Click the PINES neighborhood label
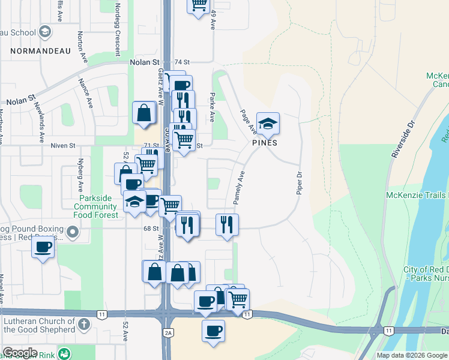(x=264, y=143)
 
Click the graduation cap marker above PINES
(x=268, y=124)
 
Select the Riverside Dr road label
(x=403, y=139)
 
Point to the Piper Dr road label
(x=298, y=183)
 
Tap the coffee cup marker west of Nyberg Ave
(x=43, y=247)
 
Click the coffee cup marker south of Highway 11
(x=213, y=331)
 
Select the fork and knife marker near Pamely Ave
(x=227, y=225)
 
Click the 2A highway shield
(x=169, y=332)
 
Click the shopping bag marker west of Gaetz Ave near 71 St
(x=145, y=113)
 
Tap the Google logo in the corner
(x=20, y=353)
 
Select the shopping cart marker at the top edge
(x=199, y=5)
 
